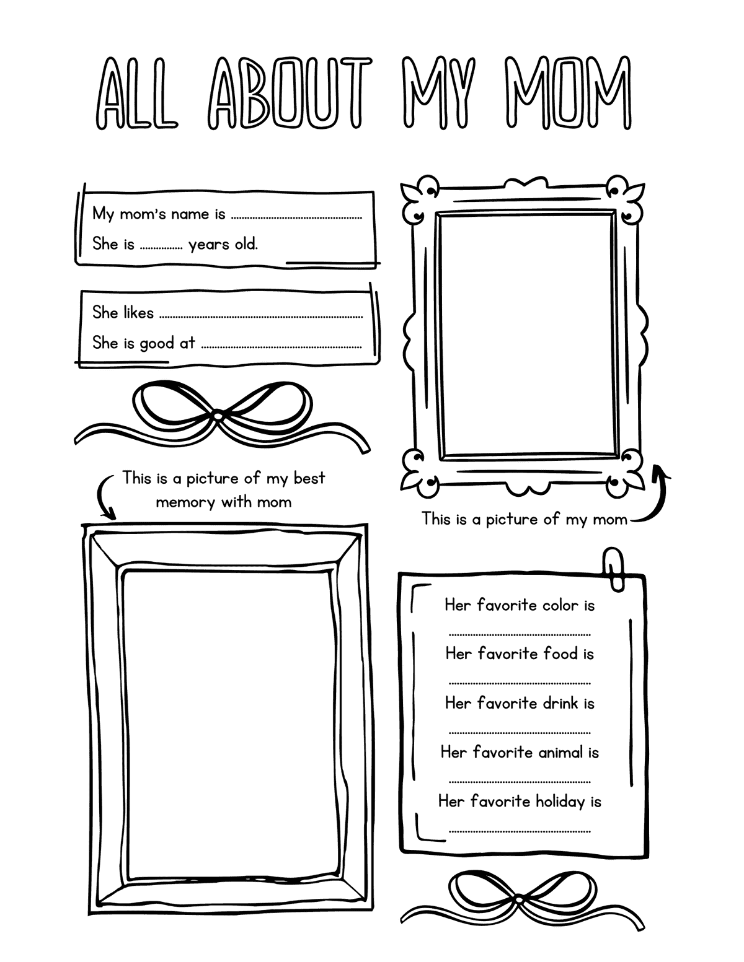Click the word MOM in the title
click(568, 93)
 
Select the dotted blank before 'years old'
click(161, 247)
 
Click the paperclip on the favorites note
click(614, 567)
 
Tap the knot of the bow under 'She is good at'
click(218, 414)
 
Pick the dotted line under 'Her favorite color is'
click(519, 635)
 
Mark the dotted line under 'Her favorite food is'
click(519, 684)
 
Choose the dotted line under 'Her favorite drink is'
click(519, 733)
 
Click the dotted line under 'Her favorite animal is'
click(519, 782)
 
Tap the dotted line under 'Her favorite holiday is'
click(519, 831)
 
